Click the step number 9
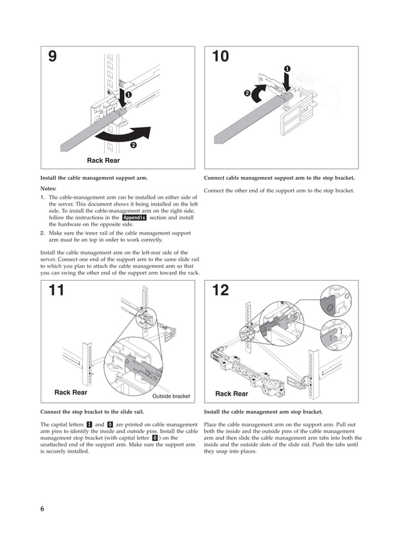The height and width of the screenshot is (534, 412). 53,57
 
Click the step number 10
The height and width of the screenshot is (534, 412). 220,57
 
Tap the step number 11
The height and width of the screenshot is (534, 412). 57,290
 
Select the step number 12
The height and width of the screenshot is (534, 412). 220,290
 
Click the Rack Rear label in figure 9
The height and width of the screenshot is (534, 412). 103,160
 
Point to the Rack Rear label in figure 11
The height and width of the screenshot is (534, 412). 71,392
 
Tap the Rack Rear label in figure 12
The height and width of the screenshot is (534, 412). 231,394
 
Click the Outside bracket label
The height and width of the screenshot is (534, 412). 171,396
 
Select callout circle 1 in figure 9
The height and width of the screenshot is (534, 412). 128,95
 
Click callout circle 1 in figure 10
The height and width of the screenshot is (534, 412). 287,69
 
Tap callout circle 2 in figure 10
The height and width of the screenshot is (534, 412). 247,94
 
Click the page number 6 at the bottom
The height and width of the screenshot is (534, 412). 42,509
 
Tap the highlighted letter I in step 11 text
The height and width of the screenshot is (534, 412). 89,423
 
